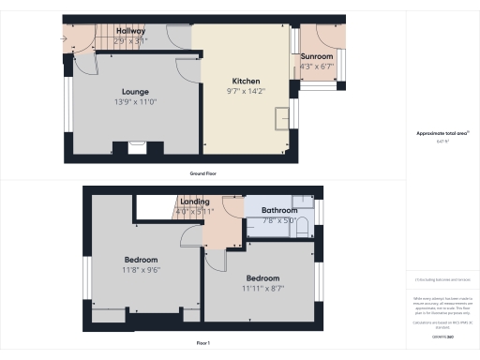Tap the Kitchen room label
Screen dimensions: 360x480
[x=247, y=81]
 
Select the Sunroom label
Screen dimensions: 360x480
[x=317, y=57]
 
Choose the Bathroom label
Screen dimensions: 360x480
[x=279, y=210]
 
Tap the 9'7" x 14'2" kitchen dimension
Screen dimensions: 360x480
[x=247, y=91]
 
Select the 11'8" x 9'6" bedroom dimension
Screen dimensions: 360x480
[x=142, y=270]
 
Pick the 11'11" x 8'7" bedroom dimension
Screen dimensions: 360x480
[x=263, y=289]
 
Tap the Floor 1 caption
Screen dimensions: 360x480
[x=203, y=344]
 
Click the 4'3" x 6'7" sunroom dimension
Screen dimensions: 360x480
[x=317, y=67]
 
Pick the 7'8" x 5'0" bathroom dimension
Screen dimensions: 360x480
[x=279, y=220]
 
